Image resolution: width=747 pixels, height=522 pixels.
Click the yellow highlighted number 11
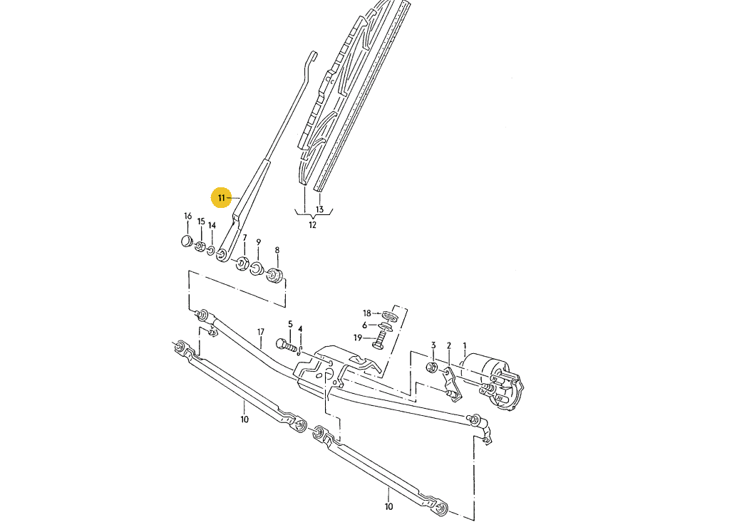click(x=222, y=197)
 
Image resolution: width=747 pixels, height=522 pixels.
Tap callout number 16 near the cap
click(x=187, y=216)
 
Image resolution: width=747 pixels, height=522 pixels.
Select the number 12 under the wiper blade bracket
click(x=312, y=225)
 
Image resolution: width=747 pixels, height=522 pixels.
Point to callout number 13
click(x=320, y=209)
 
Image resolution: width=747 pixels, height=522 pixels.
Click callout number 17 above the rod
click(x=261, y=332)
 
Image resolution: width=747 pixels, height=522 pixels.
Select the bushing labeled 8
click(x=274, y=273)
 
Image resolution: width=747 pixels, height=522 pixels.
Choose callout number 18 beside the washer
click(x=367, y=313)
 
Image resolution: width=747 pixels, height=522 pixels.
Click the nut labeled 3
click(x=432, y=367)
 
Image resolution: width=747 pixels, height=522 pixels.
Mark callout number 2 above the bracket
click(x=449, y=346)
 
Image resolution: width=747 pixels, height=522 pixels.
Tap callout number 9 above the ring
click(x=259, y=242)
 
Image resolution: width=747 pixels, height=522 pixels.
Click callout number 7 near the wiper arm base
click(x=244, y=238)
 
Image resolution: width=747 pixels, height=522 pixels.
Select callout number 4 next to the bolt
click(x=300, y=329)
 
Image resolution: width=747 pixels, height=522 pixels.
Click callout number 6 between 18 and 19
click(x=364, y=325)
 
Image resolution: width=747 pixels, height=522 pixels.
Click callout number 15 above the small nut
click(x=201, y=222)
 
